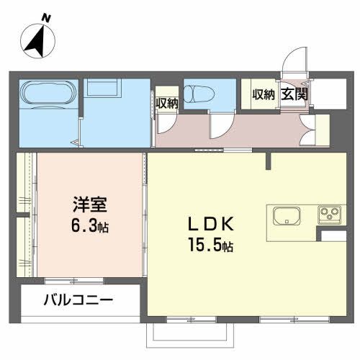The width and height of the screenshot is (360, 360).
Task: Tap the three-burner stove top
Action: (330, 215)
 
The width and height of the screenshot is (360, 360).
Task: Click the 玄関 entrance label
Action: (295, 94)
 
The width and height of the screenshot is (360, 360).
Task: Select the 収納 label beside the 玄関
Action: (263, 94)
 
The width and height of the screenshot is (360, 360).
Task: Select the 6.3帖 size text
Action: (89, 226)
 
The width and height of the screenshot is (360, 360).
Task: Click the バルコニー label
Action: (80, 300)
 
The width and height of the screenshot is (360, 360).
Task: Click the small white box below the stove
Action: (334, 236)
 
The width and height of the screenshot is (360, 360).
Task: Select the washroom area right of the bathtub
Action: (115, 112)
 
